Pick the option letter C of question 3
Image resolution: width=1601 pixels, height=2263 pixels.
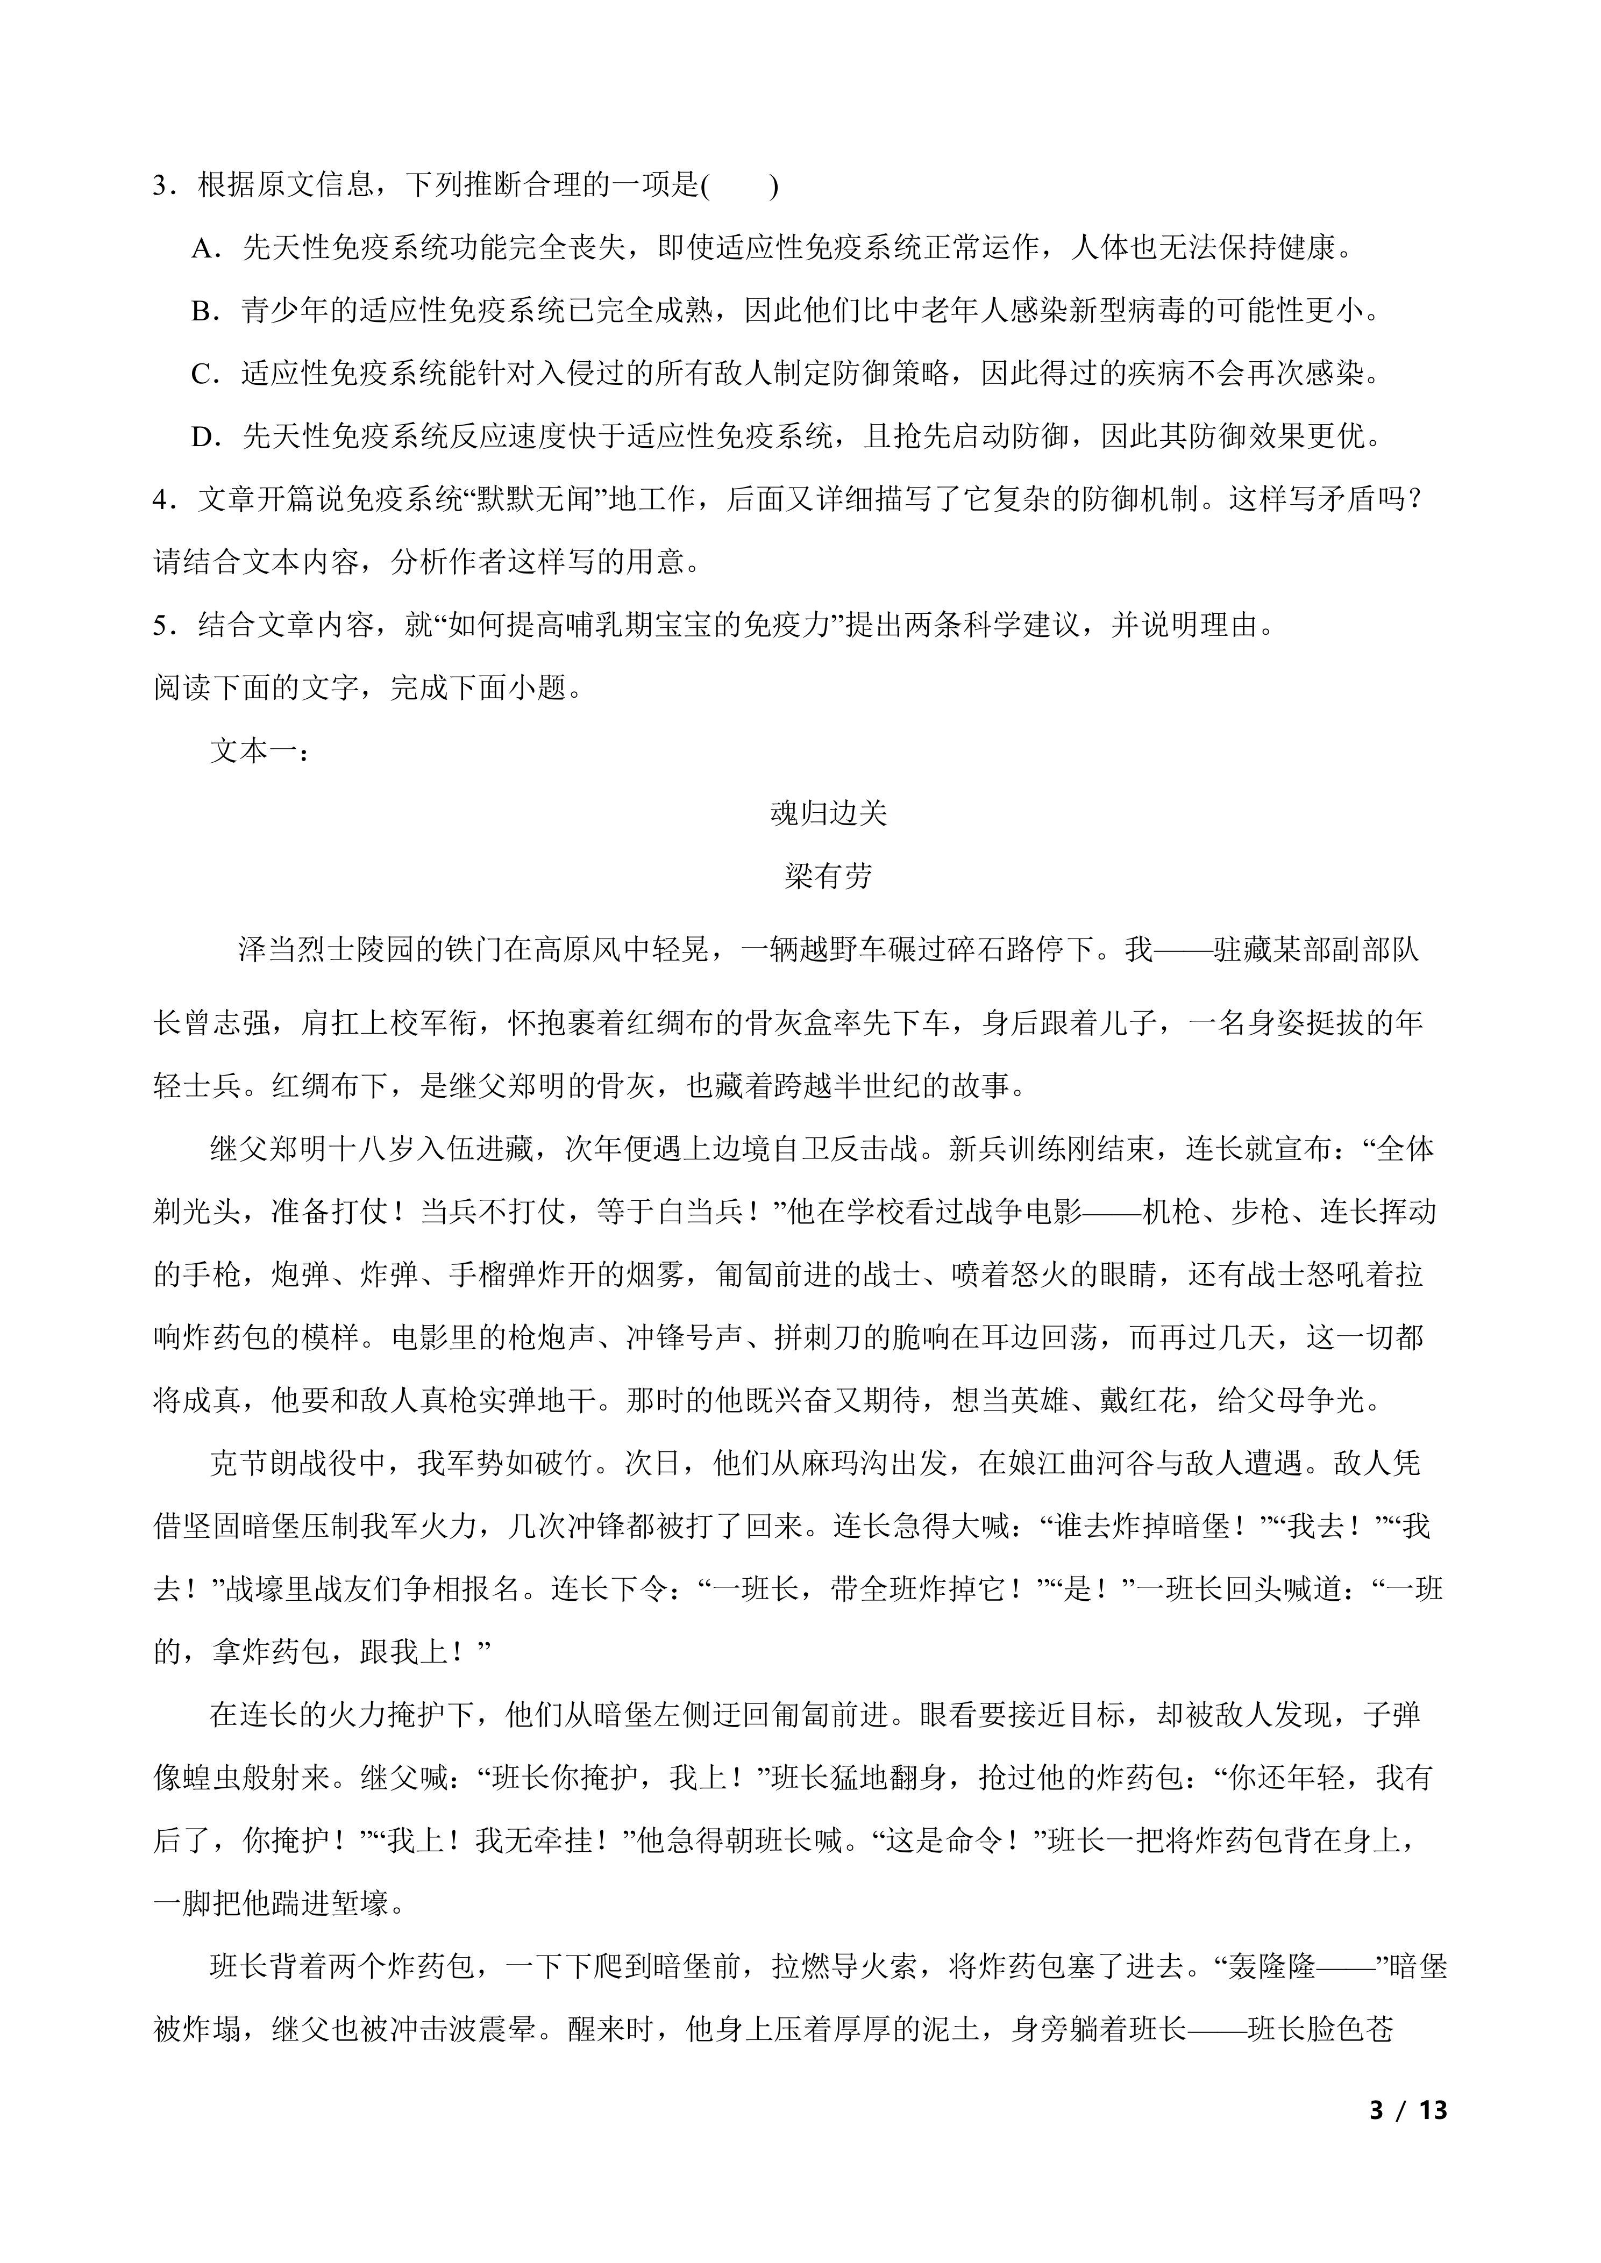(203, 375)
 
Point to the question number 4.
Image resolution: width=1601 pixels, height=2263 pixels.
(162, 500)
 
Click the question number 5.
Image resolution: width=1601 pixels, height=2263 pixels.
(162, 626)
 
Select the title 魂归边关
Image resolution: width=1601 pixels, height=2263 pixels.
(828, 813)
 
